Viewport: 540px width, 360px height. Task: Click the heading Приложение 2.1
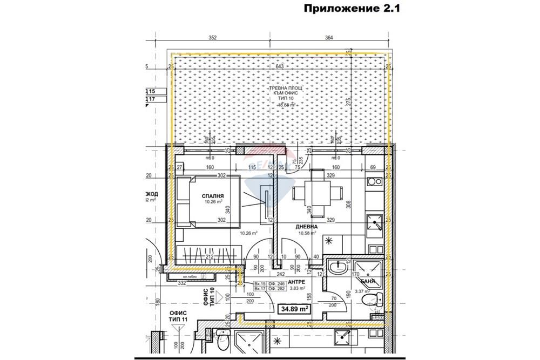pos(350,9)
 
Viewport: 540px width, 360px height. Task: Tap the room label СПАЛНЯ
pos(213,196)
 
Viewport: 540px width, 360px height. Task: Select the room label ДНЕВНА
pos(306,227)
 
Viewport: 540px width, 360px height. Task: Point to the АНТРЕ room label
pos(297,282)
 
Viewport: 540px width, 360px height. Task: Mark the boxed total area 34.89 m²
pos(294,310)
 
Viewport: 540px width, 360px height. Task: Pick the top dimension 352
pos(213,38)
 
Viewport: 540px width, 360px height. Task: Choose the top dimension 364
pos(329,38)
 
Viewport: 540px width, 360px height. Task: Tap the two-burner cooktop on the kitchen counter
pos(373,182)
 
